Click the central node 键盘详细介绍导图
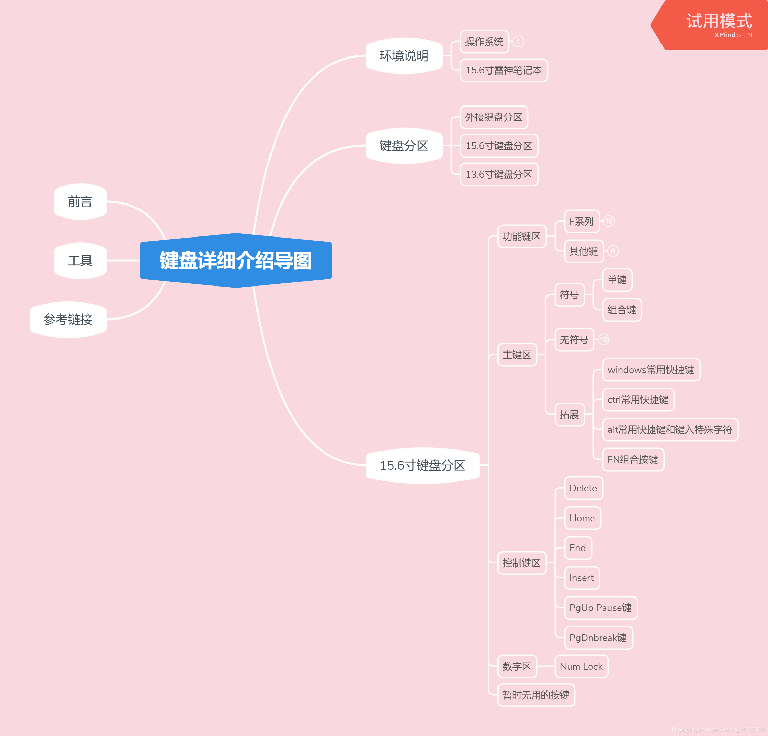[235, 261]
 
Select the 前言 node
[80, 202]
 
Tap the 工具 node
[80, 261]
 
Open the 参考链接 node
[68, 320]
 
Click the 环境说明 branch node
[404, 56]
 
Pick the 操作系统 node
[484, 42]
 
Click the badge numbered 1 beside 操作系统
[518, 42]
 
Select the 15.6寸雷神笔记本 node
[504, 70]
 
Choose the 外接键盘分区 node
[493, 117]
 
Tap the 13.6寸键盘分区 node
[499, 175]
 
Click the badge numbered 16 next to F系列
[608, 222]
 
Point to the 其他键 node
[584, 251]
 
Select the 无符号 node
[574, 340]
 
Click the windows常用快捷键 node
[651, 370]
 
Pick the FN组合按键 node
[633, 459]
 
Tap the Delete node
[583, 488]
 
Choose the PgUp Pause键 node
[600, 608]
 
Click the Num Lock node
[581, 666]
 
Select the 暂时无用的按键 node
[536, 695]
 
